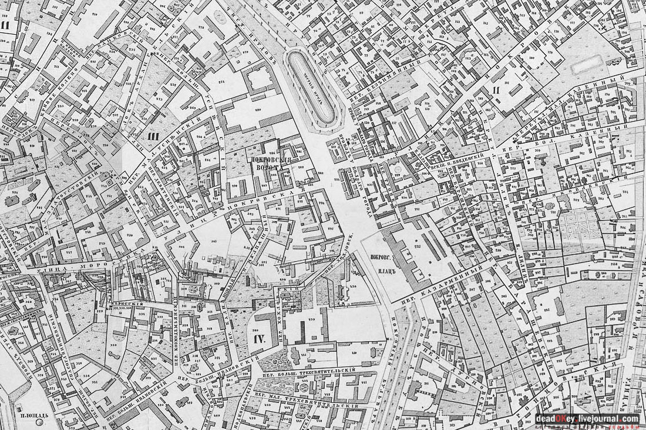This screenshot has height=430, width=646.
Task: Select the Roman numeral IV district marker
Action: click(x=260, y=339)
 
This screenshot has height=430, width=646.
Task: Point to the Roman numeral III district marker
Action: click(x=154, y=136)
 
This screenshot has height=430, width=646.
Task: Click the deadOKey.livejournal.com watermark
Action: click(x=587, y=419)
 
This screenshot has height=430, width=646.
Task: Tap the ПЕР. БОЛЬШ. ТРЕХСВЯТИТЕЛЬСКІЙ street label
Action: click(x=308, y=371)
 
